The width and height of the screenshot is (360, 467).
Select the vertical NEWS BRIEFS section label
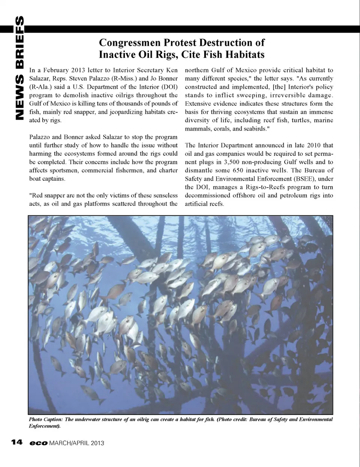pyautogui.click(x=19, y=68)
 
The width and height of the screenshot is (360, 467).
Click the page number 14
pyautogui.click(x=17, y=443)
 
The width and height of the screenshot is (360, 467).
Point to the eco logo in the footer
pyautogui.click(x=39, y=443)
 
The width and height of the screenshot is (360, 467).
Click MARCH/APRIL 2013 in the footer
pyautogui.click(x=77, y=443)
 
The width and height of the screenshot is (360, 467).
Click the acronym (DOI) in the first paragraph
pyautogui.click(x=169, y=87)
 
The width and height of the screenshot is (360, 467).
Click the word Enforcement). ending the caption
pyautogui.click(x=45, y=426)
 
